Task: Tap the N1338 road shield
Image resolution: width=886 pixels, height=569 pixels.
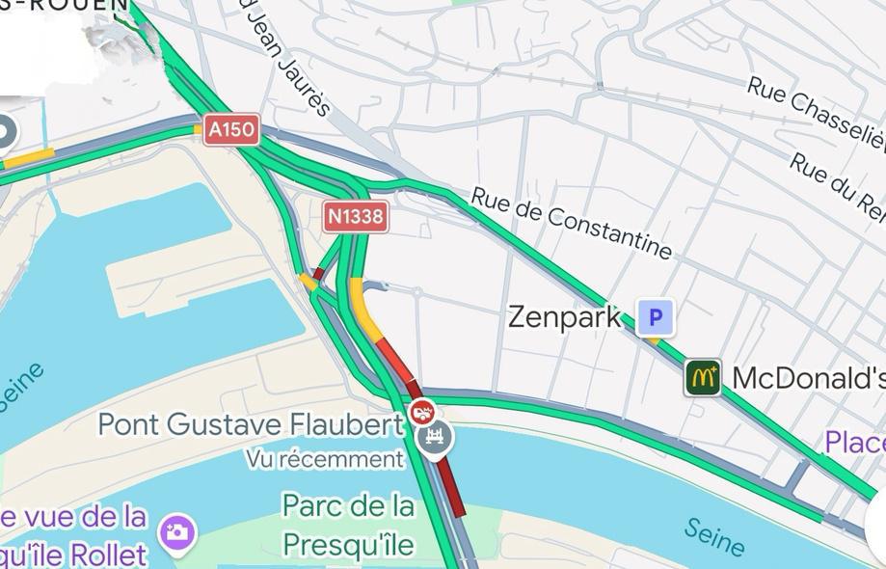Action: [356, 217]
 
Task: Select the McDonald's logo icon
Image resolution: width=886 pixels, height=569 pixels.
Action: [703, 377]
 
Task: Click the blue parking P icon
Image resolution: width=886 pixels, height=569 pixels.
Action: [656, 316]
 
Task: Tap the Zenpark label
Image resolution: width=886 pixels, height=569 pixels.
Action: [564, 316]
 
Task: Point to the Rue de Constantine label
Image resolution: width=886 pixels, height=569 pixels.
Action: [571, 223]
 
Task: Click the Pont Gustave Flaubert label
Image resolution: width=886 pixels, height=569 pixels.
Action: [251, 424]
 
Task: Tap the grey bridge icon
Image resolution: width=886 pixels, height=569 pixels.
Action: [435, 439]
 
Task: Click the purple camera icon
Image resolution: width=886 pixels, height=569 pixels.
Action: [177, 532]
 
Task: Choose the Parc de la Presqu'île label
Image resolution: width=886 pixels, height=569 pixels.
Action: [348, 525]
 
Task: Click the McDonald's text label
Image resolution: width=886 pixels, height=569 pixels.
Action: [808, 378]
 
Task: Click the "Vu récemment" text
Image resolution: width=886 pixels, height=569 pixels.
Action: [324, 459]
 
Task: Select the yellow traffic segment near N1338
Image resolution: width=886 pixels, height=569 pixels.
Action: [365, 306]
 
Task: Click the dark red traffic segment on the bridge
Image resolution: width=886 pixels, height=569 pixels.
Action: [449, 487]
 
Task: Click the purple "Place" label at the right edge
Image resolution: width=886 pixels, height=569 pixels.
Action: [854, 443]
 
